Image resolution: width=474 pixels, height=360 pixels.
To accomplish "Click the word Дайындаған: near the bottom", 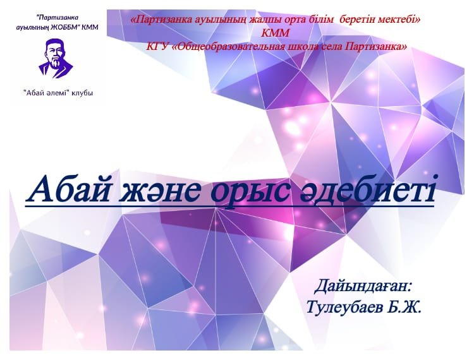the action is coord(363,287).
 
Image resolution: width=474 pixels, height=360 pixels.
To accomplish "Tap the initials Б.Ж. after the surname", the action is coord(404,308).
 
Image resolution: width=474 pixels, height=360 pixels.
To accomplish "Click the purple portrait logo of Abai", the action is coord(56,58).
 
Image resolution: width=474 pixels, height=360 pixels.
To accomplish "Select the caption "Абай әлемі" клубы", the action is coord(58,93).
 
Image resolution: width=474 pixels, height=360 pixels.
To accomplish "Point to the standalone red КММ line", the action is coord(275,33).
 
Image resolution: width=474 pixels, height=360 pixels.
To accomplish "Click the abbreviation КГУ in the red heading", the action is coord(156,47).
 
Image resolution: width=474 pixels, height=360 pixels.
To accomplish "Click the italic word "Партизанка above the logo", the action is coord(57,18).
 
